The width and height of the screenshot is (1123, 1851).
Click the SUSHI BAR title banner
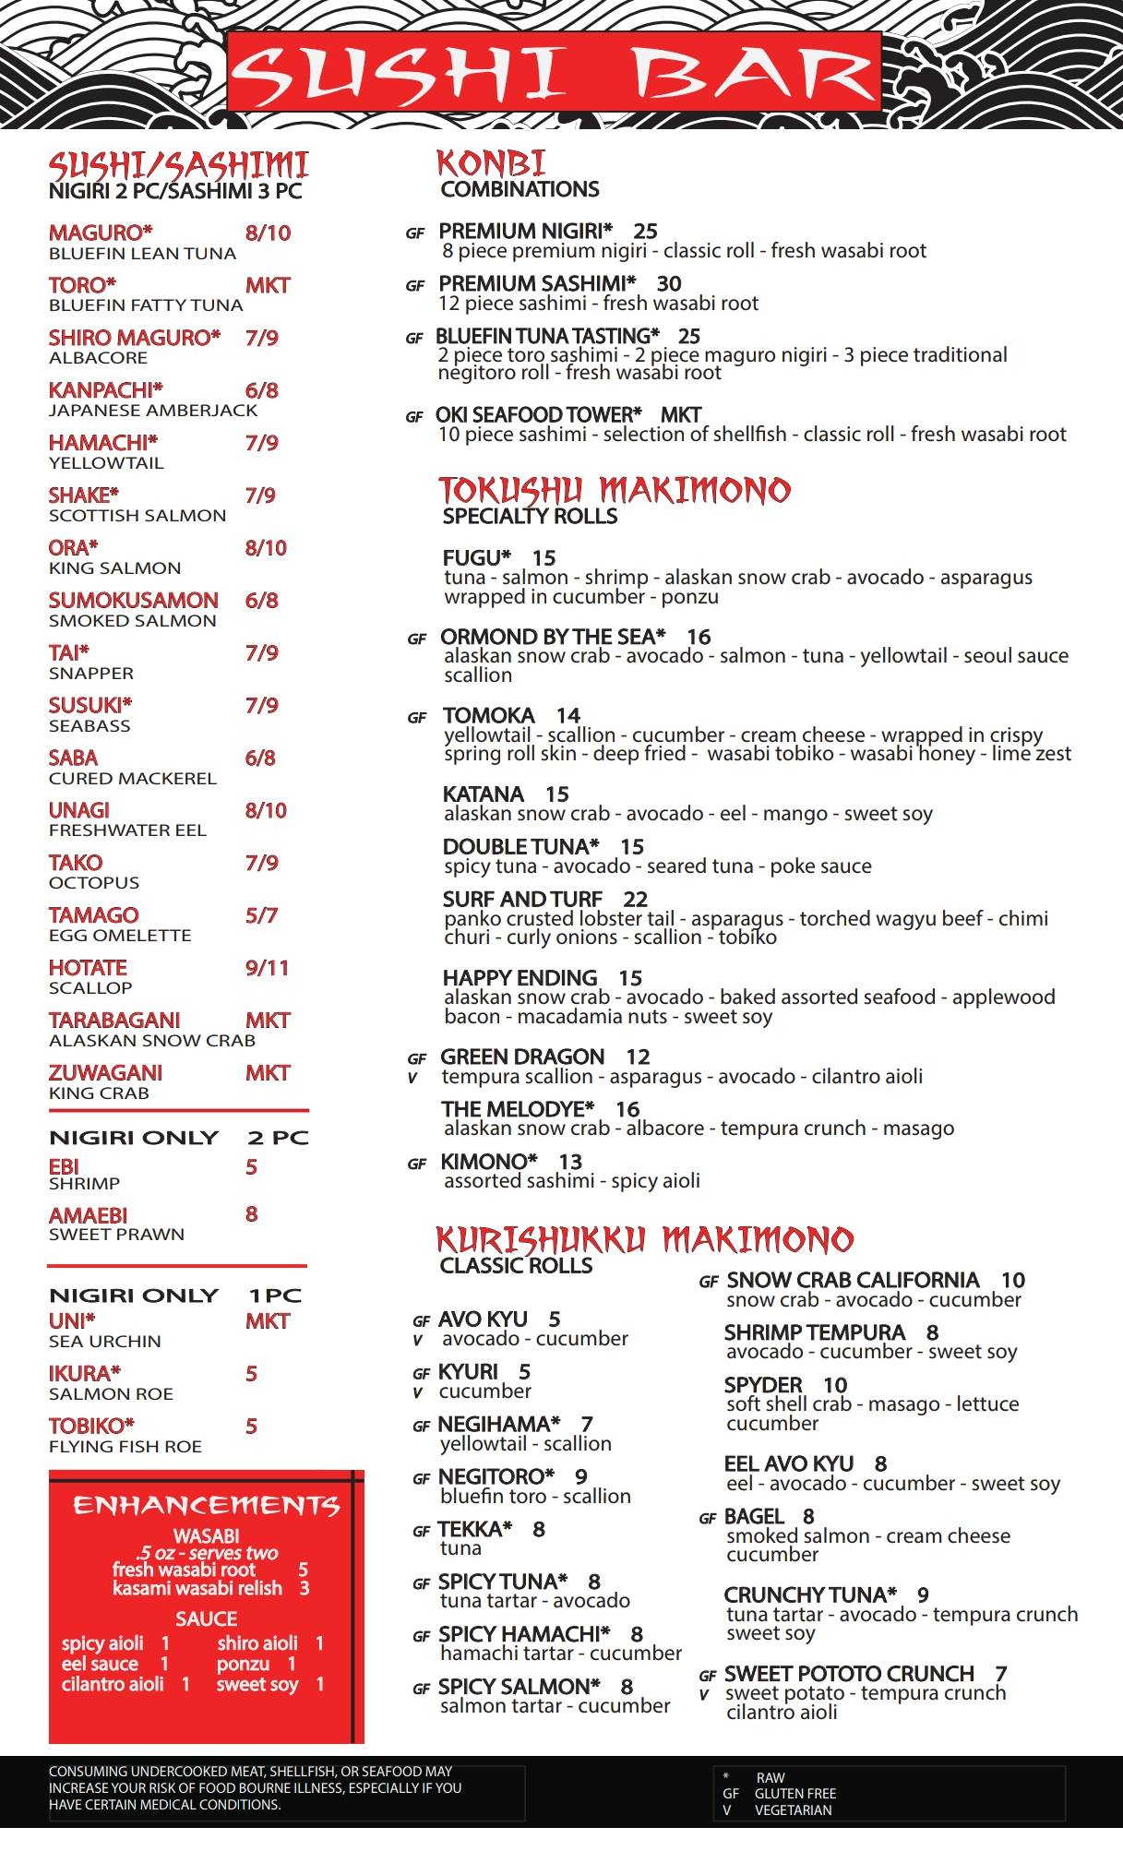click(x=554, y=72)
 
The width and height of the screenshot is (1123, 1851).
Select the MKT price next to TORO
click(x=268, y=285)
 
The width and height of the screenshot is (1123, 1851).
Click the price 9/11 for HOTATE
click(x=267, y=968)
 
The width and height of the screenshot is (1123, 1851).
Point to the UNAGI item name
click(x=79, y=810)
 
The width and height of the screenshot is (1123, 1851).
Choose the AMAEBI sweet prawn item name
click(x=88, y=1215)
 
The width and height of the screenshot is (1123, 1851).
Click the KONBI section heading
click(x=491, y=163)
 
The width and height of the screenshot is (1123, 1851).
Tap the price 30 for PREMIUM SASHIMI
click(x=669, y=283)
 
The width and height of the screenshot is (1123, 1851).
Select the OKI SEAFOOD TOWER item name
click(x=539, y=415)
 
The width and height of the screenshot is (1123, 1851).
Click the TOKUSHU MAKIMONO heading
click(x=615, y=489)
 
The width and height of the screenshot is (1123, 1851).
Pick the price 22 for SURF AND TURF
click(x=635, y=899)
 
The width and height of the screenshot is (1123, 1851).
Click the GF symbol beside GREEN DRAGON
click(x=417, y=1058)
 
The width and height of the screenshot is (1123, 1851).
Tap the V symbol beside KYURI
click(x=418, y=1392)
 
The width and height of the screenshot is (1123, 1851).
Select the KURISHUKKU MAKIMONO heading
click(x=644, y=1238)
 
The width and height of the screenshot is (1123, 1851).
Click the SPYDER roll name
click(x=763, y=1385)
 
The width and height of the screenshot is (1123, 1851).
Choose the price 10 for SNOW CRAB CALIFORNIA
click(x=1013, y=1280)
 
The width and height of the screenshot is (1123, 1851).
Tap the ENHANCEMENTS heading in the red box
click(x=207, y=1506)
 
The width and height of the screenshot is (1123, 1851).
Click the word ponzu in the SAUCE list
click(x=243, y=1664)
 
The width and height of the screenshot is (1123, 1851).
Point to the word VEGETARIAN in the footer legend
click(x=793, y=1809)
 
